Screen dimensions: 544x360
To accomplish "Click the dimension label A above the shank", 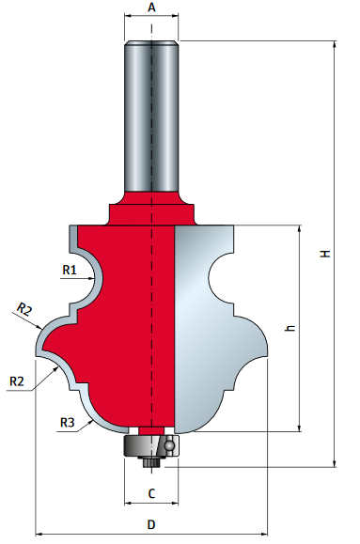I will pos(151,8).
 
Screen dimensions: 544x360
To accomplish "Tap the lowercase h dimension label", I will pos(290,329).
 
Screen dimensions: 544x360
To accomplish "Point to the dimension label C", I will pos(151,492).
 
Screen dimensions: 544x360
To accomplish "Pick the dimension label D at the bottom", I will pos(151,523).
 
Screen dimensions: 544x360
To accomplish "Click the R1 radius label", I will pos(69,270).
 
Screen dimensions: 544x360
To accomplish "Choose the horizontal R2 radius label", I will pos(16,381).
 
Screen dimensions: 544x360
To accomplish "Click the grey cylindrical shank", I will pos(151,113).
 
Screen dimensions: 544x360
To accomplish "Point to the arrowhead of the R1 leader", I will pos(87,277).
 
